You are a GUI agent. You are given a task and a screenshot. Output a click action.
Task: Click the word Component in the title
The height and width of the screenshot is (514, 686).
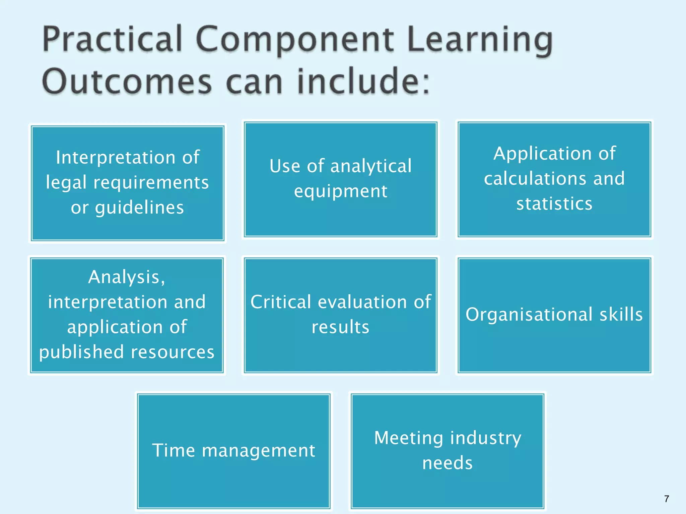295,40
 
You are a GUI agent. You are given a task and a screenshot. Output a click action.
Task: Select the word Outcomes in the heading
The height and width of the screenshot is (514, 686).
127,82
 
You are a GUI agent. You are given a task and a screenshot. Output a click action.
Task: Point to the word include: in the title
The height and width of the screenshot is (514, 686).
363,81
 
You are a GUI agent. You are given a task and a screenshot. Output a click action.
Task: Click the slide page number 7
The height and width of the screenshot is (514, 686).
667,499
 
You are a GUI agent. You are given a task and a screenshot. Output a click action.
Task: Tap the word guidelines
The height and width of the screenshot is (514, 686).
139,208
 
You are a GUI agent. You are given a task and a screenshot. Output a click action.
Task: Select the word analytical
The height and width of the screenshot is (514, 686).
371,166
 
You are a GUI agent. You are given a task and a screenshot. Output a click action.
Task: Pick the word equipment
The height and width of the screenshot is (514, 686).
341,191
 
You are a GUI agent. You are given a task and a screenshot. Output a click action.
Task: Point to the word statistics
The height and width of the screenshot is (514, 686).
554,203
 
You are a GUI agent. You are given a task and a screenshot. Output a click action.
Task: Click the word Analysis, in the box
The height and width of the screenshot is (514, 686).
127,277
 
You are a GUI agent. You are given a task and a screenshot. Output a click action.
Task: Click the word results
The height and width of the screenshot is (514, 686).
340,327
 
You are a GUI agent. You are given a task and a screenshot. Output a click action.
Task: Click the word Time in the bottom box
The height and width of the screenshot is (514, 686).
173,450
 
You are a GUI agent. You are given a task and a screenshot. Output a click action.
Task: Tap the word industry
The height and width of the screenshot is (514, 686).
486,438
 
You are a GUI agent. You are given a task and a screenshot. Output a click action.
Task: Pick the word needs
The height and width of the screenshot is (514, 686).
448,463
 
